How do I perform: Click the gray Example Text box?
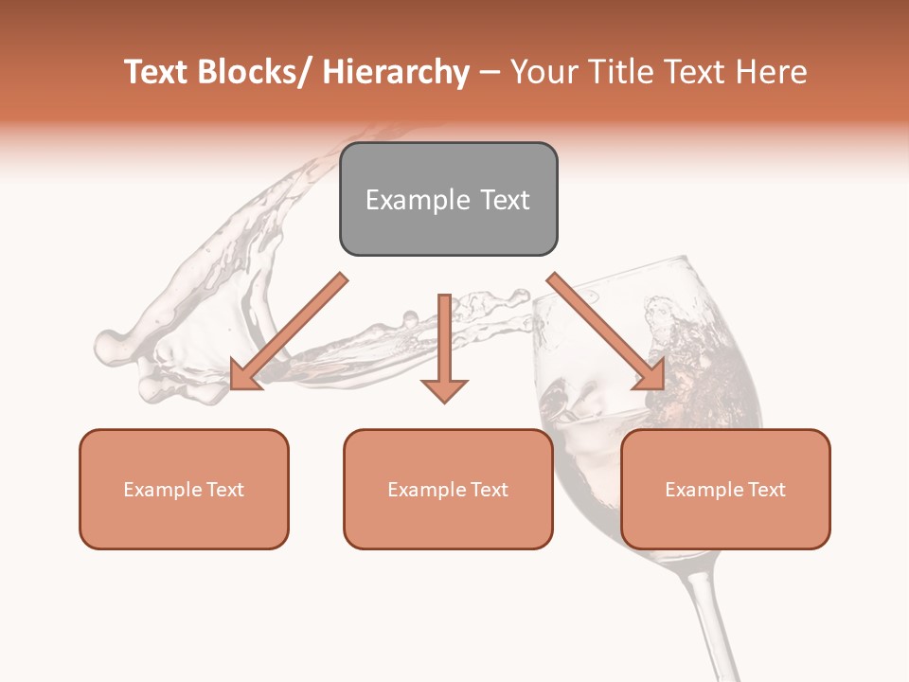click(448, 199)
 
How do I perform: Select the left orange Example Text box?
click(184, 489)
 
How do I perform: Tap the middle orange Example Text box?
click(448, 489)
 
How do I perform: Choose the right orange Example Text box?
click(725, 489)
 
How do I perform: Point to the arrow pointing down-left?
click(289, 332)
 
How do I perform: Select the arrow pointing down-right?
click(606, 332)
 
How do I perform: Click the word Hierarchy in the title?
click(396, 72)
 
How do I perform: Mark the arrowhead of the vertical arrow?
click(444, 388)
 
